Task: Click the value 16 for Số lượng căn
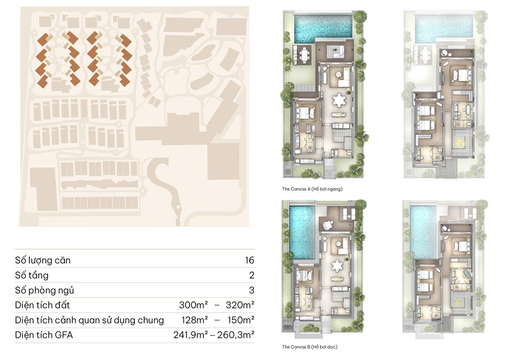pos(250,260)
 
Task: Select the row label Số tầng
pos(31,275)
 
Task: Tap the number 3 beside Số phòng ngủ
pos(252,290)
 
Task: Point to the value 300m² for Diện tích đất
pos(193,305)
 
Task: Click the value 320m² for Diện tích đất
pos(240,305)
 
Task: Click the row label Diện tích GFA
pos(44,335)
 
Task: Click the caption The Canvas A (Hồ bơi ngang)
pos(312,189)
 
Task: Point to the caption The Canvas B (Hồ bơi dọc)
pos(310,347)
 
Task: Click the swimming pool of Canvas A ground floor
pos(323,28)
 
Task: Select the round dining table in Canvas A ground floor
pos(339,100)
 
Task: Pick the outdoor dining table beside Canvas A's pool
pos(305,55)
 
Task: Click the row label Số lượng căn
pos(43,261)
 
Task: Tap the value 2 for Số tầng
pos(252,275)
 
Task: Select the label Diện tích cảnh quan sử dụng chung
pos(89,320)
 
